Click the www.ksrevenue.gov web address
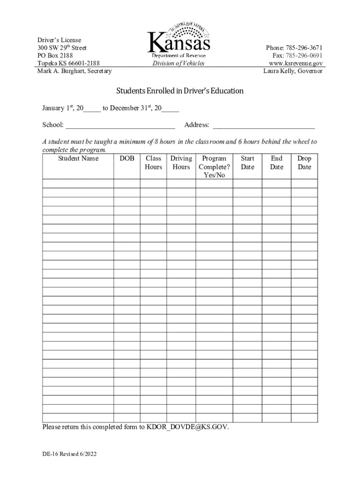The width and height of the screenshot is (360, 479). point(295,63)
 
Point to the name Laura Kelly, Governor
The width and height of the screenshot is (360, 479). point(293,71)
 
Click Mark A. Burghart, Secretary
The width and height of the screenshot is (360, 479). point(74,71)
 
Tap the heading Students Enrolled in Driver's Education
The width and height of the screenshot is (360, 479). point(180,91)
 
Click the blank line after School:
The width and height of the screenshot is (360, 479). point(120,125)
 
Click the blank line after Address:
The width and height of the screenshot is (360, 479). point(264,125)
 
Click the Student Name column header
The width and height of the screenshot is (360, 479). point(78,159)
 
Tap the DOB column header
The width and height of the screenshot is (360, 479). point(127,159)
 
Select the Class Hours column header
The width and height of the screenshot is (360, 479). point(153,163)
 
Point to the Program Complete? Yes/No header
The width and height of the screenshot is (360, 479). point(214,167)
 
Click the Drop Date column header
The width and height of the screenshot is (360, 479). point(304,163)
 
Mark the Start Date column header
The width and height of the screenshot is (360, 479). point(247,163)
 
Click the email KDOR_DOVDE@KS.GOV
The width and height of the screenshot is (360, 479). point(187,427)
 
